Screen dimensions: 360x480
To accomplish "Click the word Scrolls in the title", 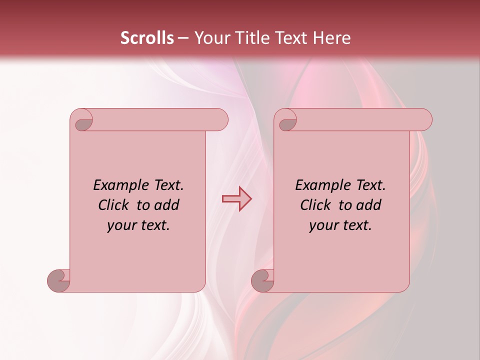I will pos(147,38).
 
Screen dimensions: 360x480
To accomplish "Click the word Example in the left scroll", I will pos(117,185).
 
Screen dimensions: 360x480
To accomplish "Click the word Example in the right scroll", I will pos(319,185).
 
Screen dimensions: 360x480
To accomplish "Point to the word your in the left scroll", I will pos(121,225).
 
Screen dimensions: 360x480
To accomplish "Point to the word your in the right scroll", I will pos(323,225).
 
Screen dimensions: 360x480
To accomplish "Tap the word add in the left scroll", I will pos(166,205).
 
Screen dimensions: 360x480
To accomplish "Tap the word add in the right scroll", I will pos(368,205).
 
